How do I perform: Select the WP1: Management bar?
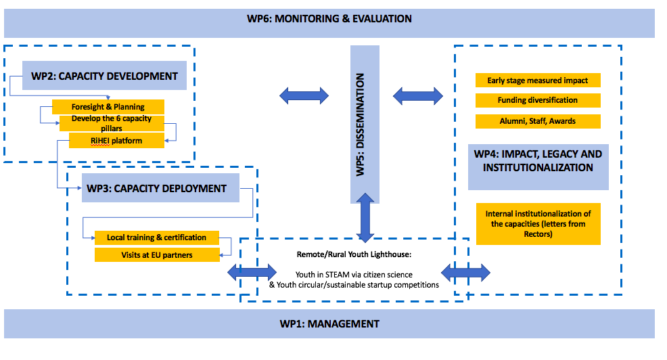(x=329, y=323)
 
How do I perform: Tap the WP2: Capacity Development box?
(x=104, y=76)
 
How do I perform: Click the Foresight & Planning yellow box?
(x=108, y=107)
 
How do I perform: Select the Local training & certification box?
(x=156, y=238)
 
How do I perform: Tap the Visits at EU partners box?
(x=157, y=255)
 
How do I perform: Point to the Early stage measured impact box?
(x=538, y=81)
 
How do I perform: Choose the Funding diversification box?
(x=538, y=100)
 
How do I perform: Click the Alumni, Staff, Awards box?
(x=538, y=121)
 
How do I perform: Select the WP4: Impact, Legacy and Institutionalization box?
(x=538, y=161)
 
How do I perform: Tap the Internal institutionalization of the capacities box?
(x=538, y=224)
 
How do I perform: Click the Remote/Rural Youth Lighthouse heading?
(x=354, y=254)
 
